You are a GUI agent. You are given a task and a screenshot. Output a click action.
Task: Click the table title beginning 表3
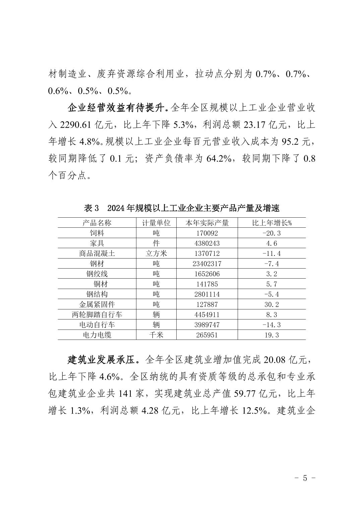coord(181,208)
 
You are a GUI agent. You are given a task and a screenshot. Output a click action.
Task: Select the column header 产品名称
coord(97,223)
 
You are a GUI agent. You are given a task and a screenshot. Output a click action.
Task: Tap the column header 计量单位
coord(156,223)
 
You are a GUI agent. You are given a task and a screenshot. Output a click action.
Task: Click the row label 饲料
coord(97,233)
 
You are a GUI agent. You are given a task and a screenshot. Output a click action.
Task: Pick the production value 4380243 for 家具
coord(207,243)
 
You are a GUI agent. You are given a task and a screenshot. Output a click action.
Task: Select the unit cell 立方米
coord(156,253)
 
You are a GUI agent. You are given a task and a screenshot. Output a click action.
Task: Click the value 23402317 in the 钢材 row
coord(207,264)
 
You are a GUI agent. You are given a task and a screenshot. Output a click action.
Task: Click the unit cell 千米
coord(156,335)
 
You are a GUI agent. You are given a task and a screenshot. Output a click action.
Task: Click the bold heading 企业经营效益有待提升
coord(117,108)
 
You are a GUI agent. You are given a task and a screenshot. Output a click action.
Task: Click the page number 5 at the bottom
coord(305,478)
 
